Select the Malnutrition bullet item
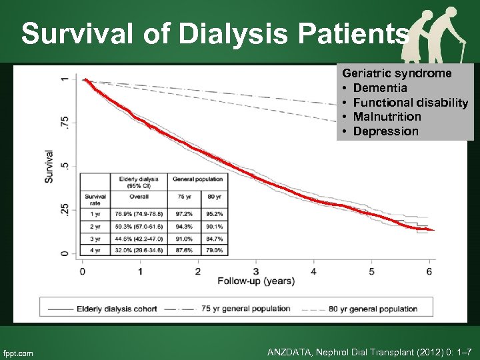(x=387, y=117)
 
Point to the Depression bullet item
(x=385, y=131)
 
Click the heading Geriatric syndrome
(x=397, y=73)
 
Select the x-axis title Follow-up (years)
(x=256, y=282)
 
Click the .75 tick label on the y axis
(x=64, y=122)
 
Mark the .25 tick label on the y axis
(x=64, y=209)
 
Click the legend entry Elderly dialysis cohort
(x=117, y=309)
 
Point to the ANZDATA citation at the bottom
(x=369, y=351)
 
